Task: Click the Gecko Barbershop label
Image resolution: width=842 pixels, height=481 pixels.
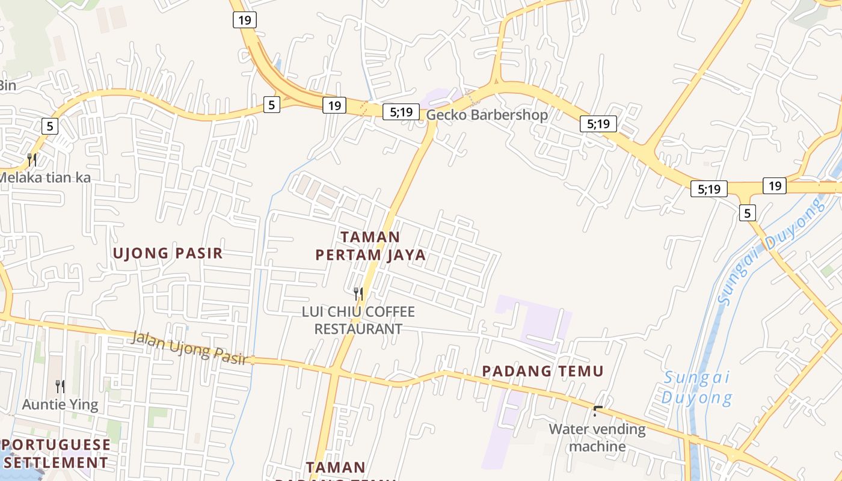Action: [x=487, y=115]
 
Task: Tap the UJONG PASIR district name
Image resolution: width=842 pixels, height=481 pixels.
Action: [x=168, y=253]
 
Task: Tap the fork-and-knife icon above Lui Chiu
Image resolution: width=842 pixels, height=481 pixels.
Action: [x=358, y=294]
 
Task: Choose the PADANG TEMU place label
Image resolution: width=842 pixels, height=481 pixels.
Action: [x=542, y=372]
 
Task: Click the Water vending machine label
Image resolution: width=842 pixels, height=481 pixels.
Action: [x=597, y=438]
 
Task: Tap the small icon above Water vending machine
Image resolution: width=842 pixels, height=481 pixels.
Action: [x=598, y=411]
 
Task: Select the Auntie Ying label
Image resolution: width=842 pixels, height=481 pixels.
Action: [x=60, y=404]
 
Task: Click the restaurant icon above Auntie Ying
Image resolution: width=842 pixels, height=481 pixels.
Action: [x=60, y=386]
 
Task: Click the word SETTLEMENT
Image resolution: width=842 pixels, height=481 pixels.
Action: [x=56, y=462]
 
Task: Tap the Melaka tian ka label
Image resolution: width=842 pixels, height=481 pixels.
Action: [x=45, y=177]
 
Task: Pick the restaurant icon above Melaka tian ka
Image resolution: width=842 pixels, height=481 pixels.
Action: [x=32, y=160]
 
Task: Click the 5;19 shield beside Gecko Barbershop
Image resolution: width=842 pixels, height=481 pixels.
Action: [x=401, y=111]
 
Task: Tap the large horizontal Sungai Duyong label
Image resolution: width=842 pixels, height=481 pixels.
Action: [x=697, y=388]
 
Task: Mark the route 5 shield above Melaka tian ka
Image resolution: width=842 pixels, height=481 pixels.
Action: [x=50, y=126]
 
